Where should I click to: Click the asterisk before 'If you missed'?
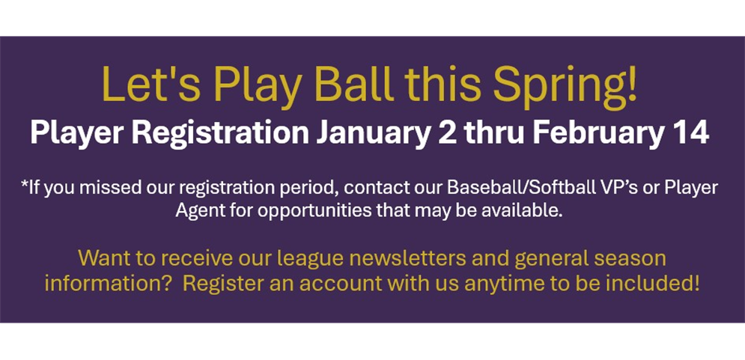24,184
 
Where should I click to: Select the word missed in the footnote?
106,188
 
